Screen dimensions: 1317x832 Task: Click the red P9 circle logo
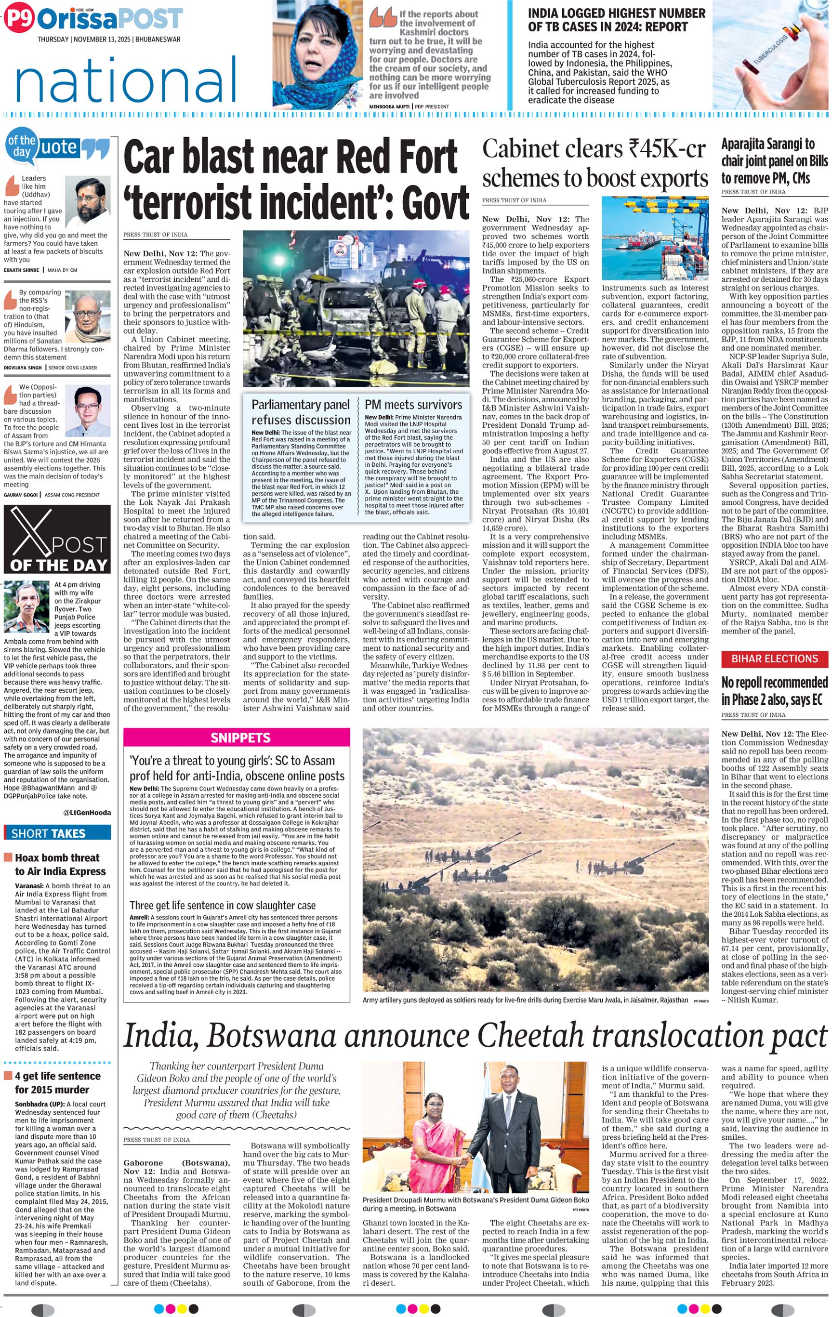tap(19, 19)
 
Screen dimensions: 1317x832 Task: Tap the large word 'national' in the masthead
tap(126, 80)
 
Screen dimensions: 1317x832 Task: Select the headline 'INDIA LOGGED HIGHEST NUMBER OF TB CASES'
tap(616, 20)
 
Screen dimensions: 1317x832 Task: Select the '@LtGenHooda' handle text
tap(86, 812)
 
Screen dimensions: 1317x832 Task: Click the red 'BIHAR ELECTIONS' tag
tap(775, 659)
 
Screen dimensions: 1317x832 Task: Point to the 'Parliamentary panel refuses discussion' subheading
tap(301, 412)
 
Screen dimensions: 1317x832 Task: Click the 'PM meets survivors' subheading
tap(413, 405)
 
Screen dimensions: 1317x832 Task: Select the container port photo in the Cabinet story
tap(654, 238)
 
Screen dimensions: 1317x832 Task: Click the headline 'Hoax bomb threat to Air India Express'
tap(60, 864)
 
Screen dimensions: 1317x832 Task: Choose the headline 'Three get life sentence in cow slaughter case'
tap(223, 906)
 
